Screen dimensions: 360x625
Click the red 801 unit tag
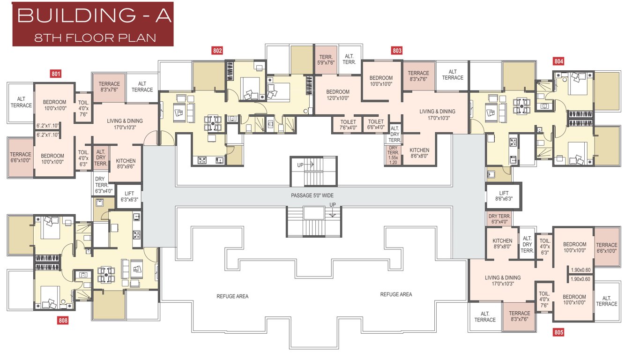[x=56, y=73]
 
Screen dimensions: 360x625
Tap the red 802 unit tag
[x=217, y=51]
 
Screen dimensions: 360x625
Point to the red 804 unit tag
[x=558, y=61]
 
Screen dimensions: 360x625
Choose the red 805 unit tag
[x=558, y=333]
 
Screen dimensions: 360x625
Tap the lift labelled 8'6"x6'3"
[x=504, y=196]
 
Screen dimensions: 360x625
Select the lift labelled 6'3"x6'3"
[x=129, y=196]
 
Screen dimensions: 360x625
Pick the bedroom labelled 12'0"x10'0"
[x=338, y=95]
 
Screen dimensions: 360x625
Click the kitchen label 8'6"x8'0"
[x=419, y=153]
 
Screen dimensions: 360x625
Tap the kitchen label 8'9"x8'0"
[x=502, y=244]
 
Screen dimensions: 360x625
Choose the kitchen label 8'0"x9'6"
[x=126, y=163]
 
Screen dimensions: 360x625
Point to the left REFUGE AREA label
[x=232, y=296]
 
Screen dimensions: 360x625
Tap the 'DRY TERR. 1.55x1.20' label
[x=393, y=155]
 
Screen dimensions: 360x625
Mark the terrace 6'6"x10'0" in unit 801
[x=21, y=157]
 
